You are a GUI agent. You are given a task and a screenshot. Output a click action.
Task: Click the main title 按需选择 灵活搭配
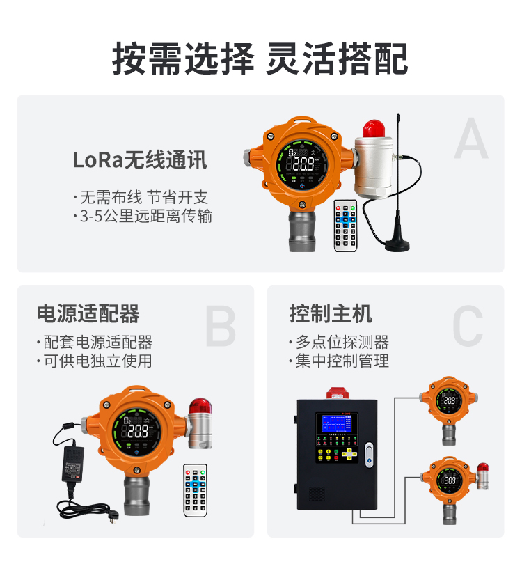point(260,58)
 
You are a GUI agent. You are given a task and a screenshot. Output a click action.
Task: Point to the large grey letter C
point(467,325)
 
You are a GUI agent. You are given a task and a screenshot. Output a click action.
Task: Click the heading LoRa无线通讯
point(140,160)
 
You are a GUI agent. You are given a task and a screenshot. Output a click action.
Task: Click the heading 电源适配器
point(88,314)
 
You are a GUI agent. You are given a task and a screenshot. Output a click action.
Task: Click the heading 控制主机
point(331,314)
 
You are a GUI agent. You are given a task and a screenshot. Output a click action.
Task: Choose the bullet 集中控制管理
point(341,361)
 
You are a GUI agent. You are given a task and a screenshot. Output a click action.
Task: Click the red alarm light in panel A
point(374,128)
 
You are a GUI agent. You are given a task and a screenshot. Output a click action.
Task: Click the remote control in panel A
point(345,225)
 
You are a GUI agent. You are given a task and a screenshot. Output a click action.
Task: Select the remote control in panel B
point(195,489)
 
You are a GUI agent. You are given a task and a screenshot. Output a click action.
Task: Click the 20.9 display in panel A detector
point(304,165)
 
